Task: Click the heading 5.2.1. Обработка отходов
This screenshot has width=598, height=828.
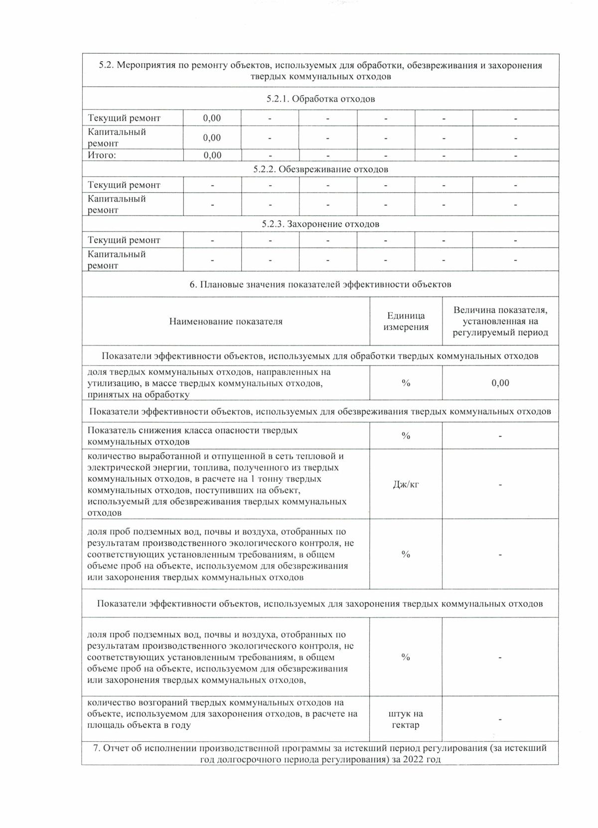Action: (x=320, y=99)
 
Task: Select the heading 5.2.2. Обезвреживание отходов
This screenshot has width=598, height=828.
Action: (x=320, y=169)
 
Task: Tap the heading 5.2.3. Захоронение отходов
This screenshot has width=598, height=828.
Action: (x=320, y=224)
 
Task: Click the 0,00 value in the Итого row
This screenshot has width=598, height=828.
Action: (x=212, y=155)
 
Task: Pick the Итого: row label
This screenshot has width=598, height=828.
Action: (x=102, y=155)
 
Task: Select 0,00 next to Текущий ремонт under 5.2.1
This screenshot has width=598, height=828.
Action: (x=212, y=118)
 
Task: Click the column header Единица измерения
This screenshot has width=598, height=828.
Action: (x=406, y=321)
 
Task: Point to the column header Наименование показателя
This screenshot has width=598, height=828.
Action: (x=226, y=322)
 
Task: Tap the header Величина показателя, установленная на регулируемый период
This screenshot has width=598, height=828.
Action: (x=500, y=321)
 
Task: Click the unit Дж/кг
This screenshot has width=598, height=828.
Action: (x=406, y=484)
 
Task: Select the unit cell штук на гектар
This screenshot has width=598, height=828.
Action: (x=406, y=719)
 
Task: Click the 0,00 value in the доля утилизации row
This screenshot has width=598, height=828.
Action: (x=500, y=383)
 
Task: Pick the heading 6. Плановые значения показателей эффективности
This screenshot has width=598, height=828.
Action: (x=320, y=284)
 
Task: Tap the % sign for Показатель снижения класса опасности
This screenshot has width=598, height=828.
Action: (x=406, y=436)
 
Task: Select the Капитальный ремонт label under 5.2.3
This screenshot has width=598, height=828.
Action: (x=117, y=259)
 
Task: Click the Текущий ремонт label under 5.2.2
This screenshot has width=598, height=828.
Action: (x=124, y=185)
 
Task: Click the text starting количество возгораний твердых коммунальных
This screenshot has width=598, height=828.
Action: (x=222, y=713)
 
